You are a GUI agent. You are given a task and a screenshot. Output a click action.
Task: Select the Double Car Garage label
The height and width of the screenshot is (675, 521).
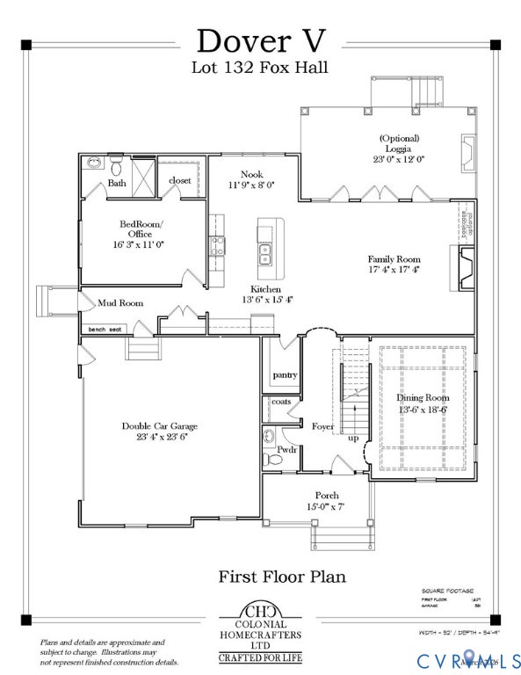[155, 425]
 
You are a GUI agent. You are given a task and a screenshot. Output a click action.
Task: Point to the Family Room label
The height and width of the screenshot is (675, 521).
[394, 258]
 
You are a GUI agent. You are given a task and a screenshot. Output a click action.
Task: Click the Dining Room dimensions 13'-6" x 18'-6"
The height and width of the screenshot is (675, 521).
[424, 410]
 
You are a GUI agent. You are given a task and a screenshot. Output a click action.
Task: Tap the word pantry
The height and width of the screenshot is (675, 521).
[285, 374]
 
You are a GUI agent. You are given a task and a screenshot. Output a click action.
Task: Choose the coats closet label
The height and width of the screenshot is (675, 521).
[280, 402]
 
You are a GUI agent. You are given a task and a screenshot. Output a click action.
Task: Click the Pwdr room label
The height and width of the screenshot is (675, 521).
[286, 449]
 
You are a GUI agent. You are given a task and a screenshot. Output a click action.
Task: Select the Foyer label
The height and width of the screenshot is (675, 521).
[322, 426]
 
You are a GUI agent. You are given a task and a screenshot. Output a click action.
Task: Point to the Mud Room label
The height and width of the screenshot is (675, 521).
[119, 303]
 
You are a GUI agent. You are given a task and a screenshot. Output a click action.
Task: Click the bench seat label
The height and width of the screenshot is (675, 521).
[105, 330]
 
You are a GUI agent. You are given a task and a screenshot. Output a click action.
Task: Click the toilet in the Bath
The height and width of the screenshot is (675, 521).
[116, 164]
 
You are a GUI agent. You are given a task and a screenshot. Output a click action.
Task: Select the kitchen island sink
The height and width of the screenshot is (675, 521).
[264, 254]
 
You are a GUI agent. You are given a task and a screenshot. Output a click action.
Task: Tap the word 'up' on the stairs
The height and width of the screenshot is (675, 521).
[353, 437]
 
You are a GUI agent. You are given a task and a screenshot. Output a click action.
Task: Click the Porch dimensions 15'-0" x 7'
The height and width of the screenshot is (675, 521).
[326, 507]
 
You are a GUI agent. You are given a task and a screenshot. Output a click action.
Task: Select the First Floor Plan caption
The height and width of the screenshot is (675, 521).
[281, 577]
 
